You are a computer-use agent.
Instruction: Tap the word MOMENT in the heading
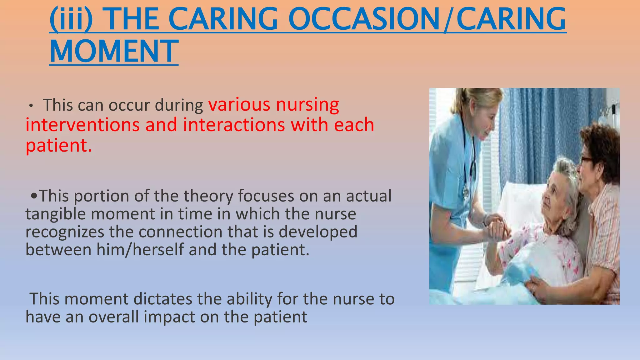tap(114, 52)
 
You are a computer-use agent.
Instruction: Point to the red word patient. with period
tap(59, 146)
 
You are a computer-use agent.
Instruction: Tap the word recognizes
tap(65, 232)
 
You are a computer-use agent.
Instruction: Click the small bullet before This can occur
tap(31, 106)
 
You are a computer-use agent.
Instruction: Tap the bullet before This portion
tap(34, 197)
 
